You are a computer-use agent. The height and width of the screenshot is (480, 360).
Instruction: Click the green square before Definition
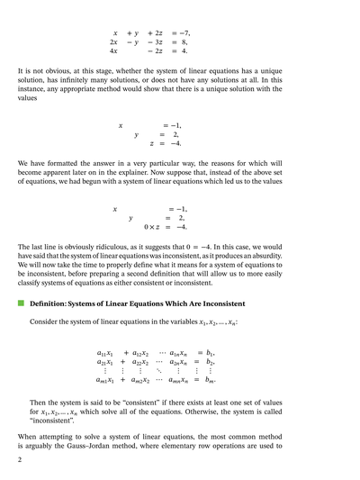coord(21,305)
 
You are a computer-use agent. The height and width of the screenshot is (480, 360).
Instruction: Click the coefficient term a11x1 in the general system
coord(105,352)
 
